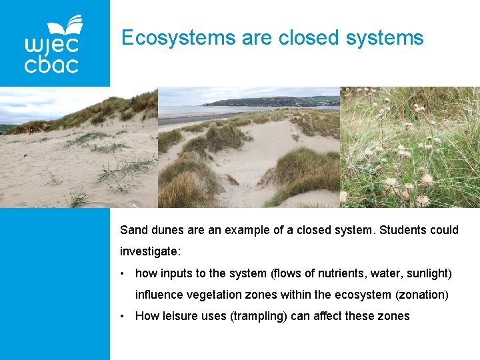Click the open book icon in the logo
[x=67, y=26]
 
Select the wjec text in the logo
[x=51, y=45]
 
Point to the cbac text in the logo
[x=51, y=65]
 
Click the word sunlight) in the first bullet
[x=429, y=273]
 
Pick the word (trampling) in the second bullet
[x=259, y=316]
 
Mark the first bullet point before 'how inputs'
[x=123, y=273]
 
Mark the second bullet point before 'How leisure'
[x=123, y=316]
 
